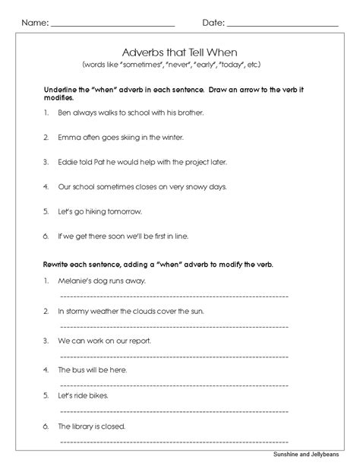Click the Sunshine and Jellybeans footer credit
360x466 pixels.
(313, 455)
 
